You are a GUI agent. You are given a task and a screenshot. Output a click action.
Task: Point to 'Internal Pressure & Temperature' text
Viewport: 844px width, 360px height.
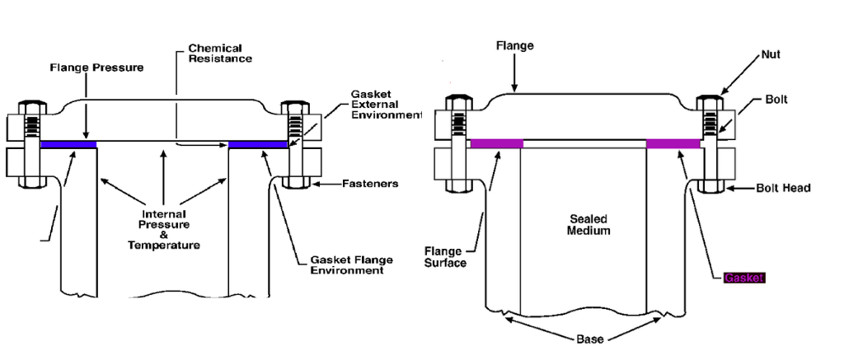point(164,229)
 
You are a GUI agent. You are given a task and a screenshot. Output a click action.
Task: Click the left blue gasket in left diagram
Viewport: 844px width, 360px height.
point(68,145)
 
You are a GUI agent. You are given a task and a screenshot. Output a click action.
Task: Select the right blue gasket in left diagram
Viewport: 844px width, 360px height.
point(258,145)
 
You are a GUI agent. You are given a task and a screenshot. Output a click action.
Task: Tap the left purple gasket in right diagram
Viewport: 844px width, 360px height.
point(496,144)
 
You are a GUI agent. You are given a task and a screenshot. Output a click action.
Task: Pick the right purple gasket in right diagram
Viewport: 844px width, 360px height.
point(673,144)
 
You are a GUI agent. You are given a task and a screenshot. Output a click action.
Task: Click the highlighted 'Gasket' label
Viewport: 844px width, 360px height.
point(743,278)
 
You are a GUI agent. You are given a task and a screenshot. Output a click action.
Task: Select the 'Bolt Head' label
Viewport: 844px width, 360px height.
point(783,188)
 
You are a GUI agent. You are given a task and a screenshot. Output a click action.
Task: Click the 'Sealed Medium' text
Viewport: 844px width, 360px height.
point(588,225)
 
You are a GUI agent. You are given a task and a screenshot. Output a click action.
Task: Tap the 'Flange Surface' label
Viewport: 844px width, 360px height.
point(445,257)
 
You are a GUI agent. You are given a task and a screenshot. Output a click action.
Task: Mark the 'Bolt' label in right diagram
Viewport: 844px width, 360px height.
point(776,99)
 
